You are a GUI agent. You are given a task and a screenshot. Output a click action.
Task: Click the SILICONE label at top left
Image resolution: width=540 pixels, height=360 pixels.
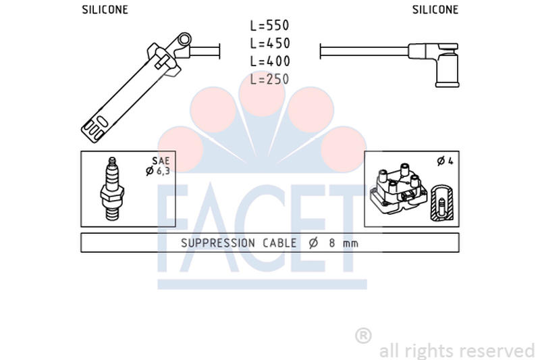[x=105, y=9]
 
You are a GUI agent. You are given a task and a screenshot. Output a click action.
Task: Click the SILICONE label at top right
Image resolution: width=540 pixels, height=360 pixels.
[x=435, y=9]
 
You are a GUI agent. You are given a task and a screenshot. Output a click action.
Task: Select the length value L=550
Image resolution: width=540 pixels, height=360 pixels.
[x=269, y=26]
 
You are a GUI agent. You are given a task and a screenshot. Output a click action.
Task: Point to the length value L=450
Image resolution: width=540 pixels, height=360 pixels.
[x=270, y=43]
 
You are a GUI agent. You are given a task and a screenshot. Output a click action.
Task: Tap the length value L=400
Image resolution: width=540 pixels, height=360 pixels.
[x=270, y=61]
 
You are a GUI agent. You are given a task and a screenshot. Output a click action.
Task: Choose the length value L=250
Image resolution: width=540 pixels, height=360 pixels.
[x=269, y=79]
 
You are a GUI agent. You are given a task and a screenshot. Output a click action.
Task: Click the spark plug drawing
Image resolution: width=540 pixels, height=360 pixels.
[x=112, y=189]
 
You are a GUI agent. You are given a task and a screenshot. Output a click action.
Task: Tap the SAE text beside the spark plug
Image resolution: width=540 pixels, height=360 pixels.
[x=161, y=161]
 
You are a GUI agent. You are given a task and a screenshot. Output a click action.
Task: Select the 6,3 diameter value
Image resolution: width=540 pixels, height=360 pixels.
[x=163, y=171]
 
